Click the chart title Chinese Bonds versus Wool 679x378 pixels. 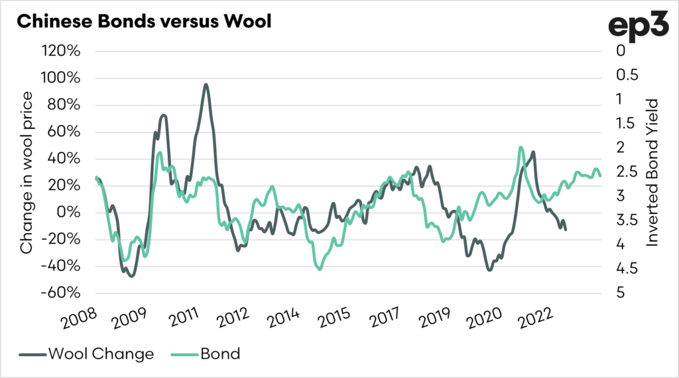pyautogui.click(x=144, y=21)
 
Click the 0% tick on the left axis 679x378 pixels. pyautogui.click(x=70, y=213)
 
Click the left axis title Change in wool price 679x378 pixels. pyautogui.click(x=27, y=172)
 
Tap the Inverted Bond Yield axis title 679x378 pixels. pyautogui.click(x=652, y=172)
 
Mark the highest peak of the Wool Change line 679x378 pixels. pyautogui.click(x=206, y=84)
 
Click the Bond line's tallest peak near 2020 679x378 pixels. pyautogui.click(x=521, y=147)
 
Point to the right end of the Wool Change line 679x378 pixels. pyautogui.click(x=566, y=229)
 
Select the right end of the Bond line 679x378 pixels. pyautogui.click(x=600, y=175)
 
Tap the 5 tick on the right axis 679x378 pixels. pyautogui.click(x=619, y=293)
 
